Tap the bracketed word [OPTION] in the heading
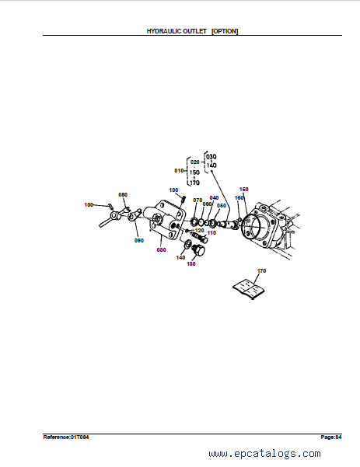[x=225, y=31]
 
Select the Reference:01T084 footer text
[x=66, y=437]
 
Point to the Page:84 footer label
[x=331, y=437]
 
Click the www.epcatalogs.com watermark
[x=264, y=454]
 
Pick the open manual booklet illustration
[x=249, y=288]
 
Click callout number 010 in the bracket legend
[x=179, y=171]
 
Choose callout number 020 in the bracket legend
[x=194, y=162]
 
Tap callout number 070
[x=197, y=200]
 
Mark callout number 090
[x=139, y=240]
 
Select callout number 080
[x=123, y=194]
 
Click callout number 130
[x=190, y=263]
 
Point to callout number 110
[x=211, y=232]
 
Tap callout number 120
[x=199, y=231]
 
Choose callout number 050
[x=222, y=205]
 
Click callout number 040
[x=214, y=198]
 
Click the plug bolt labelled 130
[x=197, y=249]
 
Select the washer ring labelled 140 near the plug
[x=187, y=243]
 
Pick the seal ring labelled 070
[x=194, y=221]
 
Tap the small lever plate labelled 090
[x=134, y=215]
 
